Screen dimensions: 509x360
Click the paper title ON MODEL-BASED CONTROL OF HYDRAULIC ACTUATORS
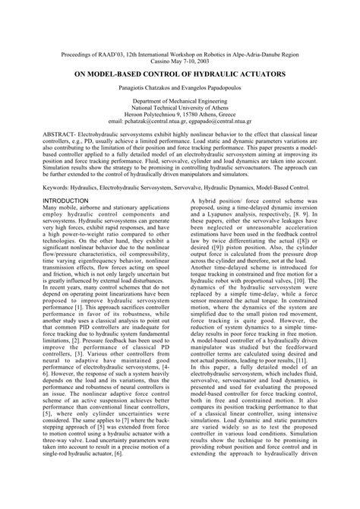[x=180, y=77]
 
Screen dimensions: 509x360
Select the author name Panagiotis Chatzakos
[x=147, y=92]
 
